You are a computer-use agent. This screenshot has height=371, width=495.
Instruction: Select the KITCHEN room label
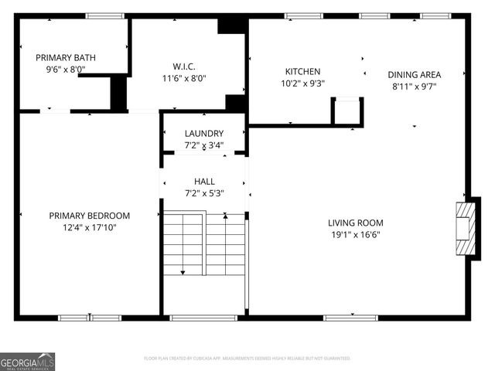tap(302, 71)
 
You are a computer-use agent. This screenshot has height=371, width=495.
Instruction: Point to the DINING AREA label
tap(414, 75)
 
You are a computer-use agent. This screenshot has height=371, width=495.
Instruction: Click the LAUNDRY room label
tap(204, 133)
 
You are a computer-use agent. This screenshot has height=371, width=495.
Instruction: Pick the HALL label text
tap(204, 182)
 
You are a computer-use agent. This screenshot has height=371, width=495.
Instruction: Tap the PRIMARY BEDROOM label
tap(90, 216)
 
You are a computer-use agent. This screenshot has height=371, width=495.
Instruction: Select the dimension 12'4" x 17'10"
tap(90, 227)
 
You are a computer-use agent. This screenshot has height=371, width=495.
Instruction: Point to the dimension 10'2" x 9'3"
tap(302, 83)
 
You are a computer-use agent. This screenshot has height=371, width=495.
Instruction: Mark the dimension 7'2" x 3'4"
tap(204, 145)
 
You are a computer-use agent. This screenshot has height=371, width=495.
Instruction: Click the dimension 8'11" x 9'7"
tap(414, 87)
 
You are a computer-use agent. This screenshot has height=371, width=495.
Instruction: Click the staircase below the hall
tap(204, 244)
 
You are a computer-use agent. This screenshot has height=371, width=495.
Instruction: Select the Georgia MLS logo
tap(27, 361)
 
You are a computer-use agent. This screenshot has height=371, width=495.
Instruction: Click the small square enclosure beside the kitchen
tap(347, 111)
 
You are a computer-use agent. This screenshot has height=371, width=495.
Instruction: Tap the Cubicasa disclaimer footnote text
tap(247, 359)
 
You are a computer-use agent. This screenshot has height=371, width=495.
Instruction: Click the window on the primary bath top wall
tap(104, 15)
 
